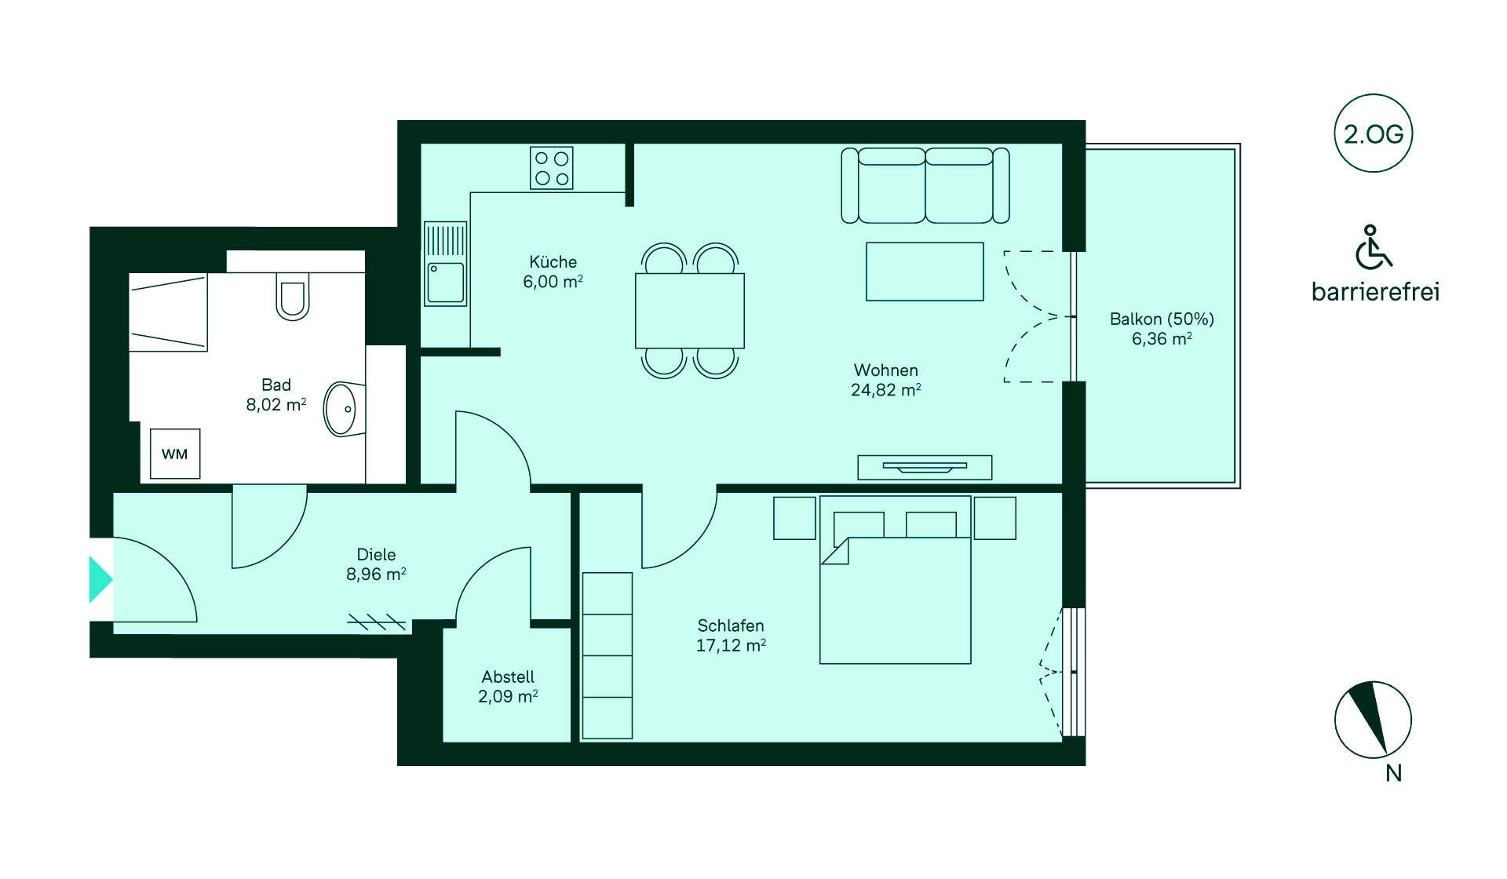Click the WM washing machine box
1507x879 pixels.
click(175, 454)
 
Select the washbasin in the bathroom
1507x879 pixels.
click(343, 409)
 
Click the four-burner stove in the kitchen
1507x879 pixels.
click(552, 168)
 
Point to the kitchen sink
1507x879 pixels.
click(445, 264)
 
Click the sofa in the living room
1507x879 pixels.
click(925, 186)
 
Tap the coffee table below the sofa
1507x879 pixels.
click(925, 272)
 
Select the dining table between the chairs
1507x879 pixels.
click(690, 310)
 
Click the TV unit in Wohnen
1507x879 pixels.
click(925, 467)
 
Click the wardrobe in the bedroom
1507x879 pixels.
click(608, 655)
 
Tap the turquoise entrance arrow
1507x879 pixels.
click(100, 579)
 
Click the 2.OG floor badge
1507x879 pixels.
click(1374, 133)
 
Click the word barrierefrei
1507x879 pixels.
click(1375, 292)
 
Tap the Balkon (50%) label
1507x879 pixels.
click(1162, 319)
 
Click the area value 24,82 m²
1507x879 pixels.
click(886, 389)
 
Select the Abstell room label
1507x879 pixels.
click(508, 677)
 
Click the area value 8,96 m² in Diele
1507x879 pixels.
click(376, 574)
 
